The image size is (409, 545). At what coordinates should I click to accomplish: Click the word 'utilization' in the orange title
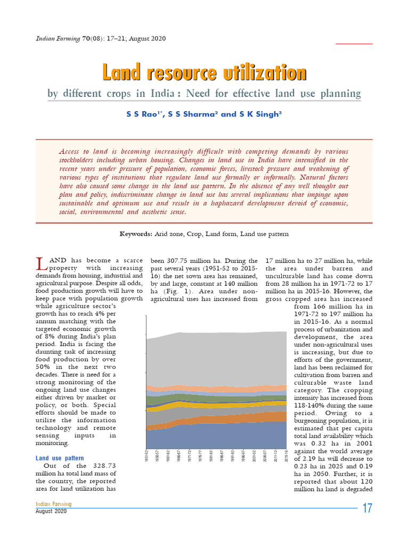[258, 73]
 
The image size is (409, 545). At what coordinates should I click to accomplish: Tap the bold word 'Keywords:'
[135, 234]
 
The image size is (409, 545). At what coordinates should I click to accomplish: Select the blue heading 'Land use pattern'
[60, 458]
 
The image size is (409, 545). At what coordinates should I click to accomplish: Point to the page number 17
[367, 508]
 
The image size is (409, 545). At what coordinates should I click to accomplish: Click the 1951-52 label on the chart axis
[146, 457]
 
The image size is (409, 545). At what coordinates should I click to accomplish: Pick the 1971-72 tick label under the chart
[190, 457]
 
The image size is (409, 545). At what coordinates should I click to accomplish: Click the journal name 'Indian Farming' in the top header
[57, 39]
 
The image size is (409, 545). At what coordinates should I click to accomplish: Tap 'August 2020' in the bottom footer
[52, 511]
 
